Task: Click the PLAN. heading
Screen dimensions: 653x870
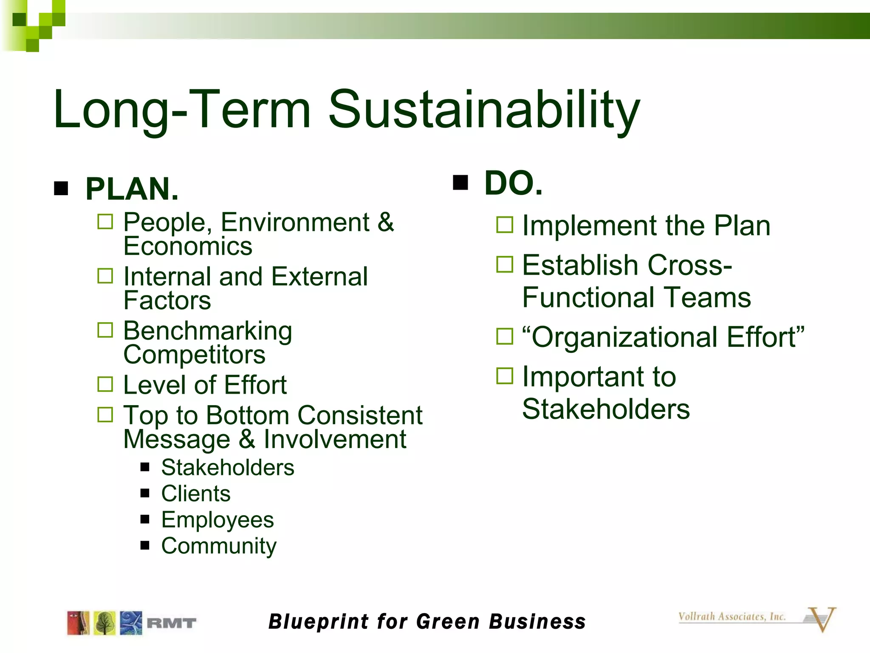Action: pyautogui.click(x=132, y=189)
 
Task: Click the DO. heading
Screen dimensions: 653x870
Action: pyautogui.click(x=513, y=183)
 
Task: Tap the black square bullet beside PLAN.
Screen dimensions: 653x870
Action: pyautogui.click(x=61, y=188)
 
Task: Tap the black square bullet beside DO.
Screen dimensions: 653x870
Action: pyautogui.click(x=460, y=182)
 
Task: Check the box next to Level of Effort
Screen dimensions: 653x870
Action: pyautogui.click(x=105, y=384)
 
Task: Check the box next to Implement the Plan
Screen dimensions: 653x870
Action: pyautogui.click(x=505, y=225)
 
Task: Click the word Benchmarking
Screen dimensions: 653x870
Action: pyautogui.click(x=207, y=331)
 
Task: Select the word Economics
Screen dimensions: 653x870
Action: pyautogui.click(x=188, y=246)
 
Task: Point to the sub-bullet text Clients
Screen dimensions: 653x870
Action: pyautogui.click(x=196, y=494)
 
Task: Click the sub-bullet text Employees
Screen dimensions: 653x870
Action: pyautogui.click(x=217, y=520)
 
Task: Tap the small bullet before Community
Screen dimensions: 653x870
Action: pyautogui.click(x=145, y=545)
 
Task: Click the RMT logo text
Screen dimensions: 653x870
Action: pyautogui.click(x=171, y=623)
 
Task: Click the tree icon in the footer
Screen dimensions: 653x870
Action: pyautogui.click(x=105, y=623)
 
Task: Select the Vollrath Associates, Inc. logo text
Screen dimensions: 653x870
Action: pyautogui.click(x=732, y=616)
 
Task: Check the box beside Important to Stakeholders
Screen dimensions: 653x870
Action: pyautogui.click(x=505, y=376)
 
